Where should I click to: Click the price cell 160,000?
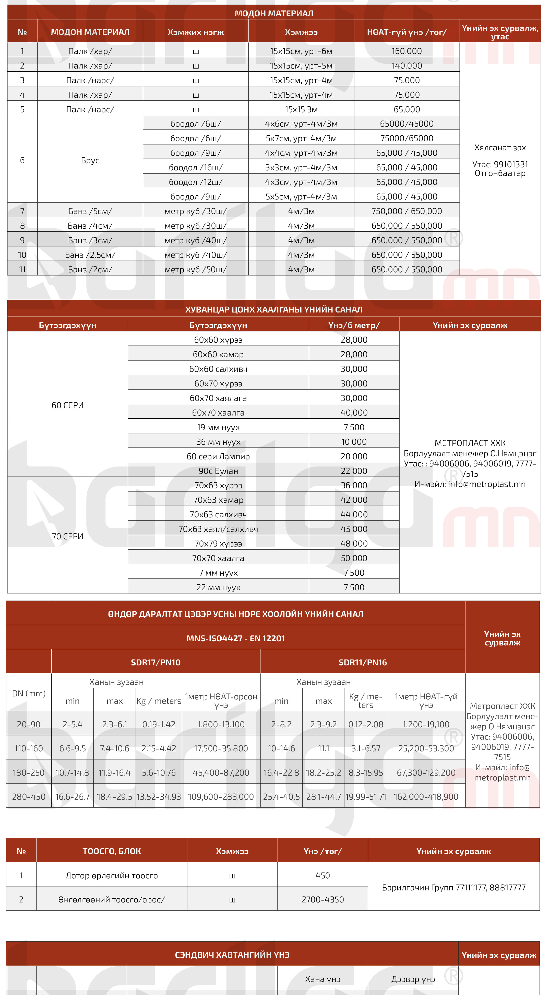407,51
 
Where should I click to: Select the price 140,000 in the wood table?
407,66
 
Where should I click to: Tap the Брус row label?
90,160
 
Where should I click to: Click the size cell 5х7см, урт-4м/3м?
301,138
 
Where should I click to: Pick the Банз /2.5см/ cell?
90,255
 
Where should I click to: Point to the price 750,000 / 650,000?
407,211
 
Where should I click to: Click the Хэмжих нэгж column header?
196,32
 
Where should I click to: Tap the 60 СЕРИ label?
67,405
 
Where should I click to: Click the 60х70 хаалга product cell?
218,412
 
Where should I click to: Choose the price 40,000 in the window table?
354,412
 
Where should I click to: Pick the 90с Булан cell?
218,471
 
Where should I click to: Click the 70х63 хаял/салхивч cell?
218,529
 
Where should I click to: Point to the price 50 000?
354,558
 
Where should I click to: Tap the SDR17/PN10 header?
156,662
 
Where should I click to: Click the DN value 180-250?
29,773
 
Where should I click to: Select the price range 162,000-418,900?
426,797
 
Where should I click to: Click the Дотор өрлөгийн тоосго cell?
112,876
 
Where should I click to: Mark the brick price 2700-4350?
323,900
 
